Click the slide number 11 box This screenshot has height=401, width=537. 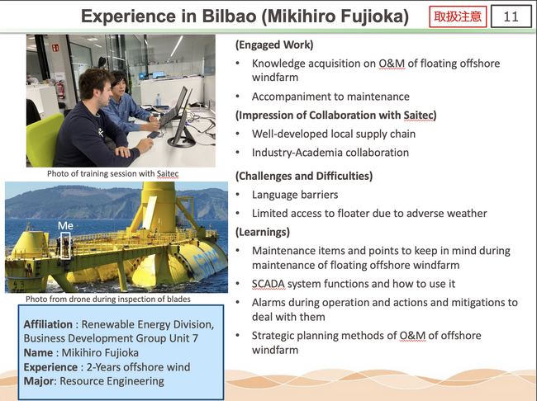point(511,16)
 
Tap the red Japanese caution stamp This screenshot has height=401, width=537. point(458,16)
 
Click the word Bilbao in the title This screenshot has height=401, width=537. point(230,16)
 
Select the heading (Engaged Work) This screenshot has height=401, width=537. point(274,45)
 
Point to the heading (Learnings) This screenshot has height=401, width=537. point(263,232)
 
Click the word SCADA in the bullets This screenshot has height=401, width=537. point(268,284)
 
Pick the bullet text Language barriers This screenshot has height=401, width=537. point(295,195)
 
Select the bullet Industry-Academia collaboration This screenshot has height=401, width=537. point(330,153)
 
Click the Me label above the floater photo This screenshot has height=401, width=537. point(65,225)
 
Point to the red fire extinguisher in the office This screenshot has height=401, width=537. point(60,90)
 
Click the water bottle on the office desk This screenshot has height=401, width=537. point(159,100)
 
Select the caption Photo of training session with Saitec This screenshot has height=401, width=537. point(112,174)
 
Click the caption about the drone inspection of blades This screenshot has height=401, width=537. point(108,299)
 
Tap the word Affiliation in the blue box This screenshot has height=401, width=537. point(48,324)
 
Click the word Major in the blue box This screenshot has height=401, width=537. point(38,381)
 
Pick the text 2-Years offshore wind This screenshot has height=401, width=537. point(138,367)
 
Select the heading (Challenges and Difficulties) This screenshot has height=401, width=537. point(304,176)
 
